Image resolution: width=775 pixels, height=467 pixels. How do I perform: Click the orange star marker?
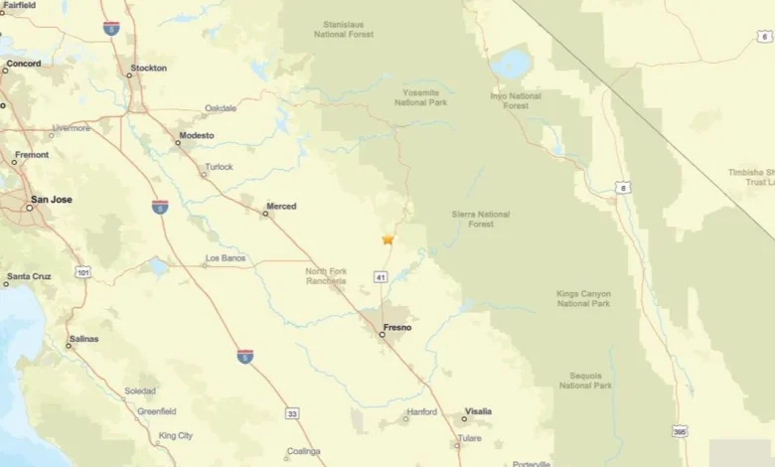click(x=387, y=239)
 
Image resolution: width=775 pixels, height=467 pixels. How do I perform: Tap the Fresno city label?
click(x=397, y=327)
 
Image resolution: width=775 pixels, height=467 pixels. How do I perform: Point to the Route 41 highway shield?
click(x=381, y=277)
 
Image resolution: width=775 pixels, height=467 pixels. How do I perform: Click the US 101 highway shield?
click(x=83, y=270)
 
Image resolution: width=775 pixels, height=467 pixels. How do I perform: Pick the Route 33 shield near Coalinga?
click(x=291, y=412)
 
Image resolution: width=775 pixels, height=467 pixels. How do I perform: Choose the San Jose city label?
click(x=51, y=199)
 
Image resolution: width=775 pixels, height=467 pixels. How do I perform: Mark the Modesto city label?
click(x=196, y=135)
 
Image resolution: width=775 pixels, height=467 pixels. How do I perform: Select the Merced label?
click(x=280, y=207)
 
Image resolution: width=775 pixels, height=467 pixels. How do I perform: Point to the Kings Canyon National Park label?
click(x=583, y=298)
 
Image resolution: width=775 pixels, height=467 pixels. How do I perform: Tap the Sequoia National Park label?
click(x=585, y=380)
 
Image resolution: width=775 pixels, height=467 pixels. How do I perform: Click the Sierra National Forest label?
click(x=481, y=219)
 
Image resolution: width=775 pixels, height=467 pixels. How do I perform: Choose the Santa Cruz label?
click(x=29, y=276)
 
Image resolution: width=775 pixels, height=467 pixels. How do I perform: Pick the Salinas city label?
click(x=84, y=339)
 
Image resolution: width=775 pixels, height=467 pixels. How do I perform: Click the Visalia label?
click(x=477, y=411)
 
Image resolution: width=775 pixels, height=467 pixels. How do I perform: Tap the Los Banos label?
click(x=225, y=258)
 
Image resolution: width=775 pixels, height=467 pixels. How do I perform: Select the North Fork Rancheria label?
click(x=326, y=275)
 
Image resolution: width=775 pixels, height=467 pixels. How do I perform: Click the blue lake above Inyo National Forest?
click(x=511, y=66)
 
